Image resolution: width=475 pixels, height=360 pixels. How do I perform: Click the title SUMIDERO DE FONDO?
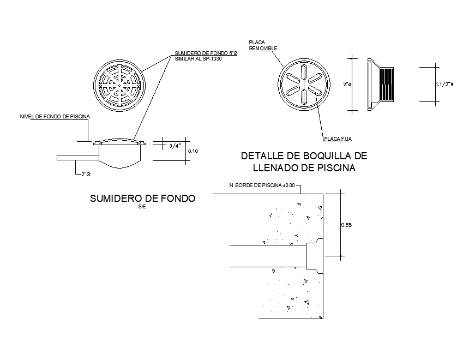pyautogui.click(x=142, y=199)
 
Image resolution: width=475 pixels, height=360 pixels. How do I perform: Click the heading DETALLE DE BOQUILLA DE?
pyautogui.click(x=304, y=156)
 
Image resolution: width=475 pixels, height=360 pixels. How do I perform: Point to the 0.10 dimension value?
pyautogui.click(x=193, y=151)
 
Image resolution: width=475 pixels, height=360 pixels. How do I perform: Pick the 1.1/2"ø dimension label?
pyautogui.click(x=446, y=85)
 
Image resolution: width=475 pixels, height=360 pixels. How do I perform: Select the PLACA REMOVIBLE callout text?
pyautogui.click(x=263, y=45)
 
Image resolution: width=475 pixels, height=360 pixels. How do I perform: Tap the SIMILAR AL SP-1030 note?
pyautogui.click(x=199, y=58)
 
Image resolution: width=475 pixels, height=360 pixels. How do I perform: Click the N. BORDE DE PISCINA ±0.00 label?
pyautogui.click(x=262, y=185)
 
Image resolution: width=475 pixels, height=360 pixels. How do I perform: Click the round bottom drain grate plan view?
pyautogui.click(x=120, y=85)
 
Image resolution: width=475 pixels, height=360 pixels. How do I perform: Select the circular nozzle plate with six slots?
pyautogui.click(x=304, y=85)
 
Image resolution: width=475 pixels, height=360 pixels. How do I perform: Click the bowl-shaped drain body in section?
pyautogui.click(x=121, y=155)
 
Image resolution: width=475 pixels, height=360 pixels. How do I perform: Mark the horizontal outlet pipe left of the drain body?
pyautogui.click(x=77, y=158)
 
